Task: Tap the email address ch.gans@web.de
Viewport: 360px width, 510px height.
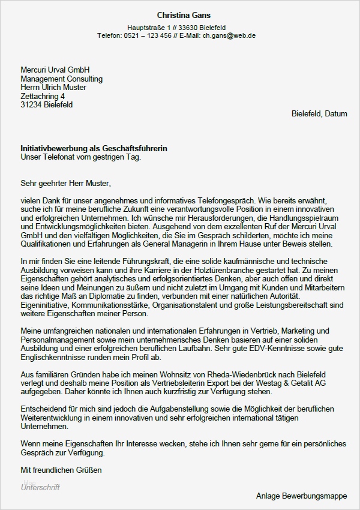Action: tap(229, 36)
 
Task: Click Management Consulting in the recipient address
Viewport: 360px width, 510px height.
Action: tap(61, 79)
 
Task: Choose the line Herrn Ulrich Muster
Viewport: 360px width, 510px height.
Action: tap(53, 88)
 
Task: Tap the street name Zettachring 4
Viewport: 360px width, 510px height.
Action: tap(43, 96)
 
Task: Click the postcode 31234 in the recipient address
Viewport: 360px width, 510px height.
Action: tap(31, 104)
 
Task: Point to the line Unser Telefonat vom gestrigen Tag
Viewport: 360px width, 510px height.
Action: tap(80, 157)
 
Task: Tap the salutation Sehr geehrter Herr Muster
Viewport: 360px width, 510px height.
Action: tap(66, 182)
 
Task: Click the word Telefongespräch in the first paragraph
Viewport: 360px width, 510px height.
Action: tap(215, 200)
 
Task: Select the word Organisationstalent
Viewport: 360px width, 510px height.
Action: tap(188, 305)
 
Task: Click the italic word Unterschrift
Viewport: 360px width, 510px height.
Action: tap(40, 487)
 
